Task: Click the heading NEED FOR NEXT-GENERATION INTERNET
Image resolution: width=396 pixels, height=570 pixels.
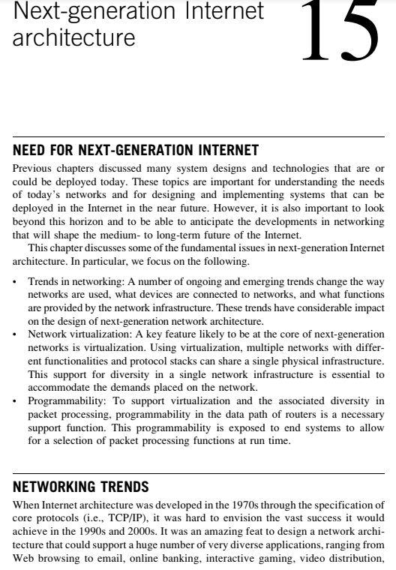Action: [x=136, y=150]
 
